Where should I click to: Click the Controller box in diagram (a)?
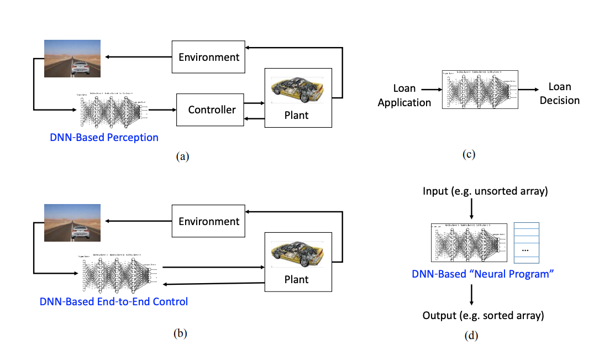coord(212,109)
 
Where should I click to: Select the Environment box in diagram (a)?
coord(209,57)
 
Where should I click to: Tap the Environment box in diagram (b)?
coord(209,221)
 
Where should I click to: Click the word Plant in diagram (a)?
coord(296,116)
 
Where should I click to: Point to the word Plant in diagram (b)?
coord(296,279)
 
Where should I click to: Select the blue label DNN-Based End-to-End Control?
coord(114,301)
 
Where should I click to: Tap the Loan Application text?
coord(404,95)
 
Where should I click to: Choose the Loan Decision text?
coord(560,93)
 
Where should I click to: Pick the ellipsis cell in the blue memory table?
coord(527,251)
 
